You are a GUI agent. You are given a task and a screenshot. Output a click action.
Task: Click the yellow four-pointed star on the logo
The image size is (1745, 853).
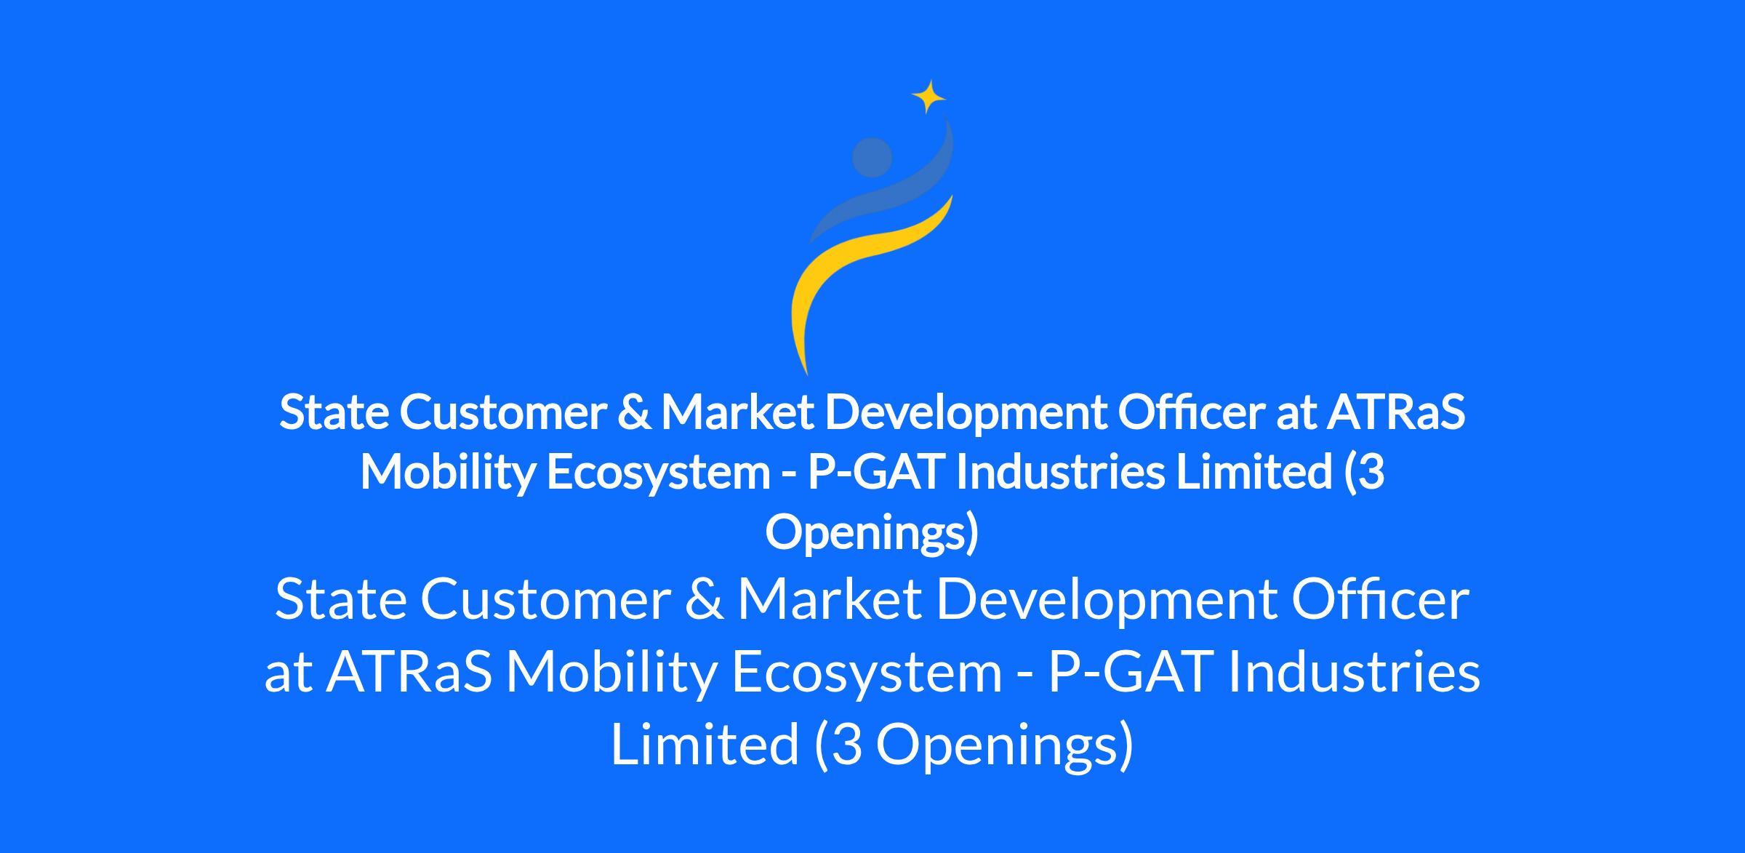pyautogui.click(x=928, y=97)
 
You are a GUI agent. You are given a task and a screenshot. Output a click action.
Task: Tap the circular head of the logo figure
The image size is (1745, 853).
pyautogui.click(x=872, y=157)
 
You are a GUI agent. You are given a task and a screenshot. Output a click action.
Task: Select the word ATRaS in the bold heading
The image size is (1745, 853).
pyautogui.click(x=1395, y=412)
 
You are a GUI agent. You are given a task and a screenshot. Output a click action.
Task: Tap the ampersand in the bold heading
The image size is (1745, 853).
pyautogui.click(x=633, y=412)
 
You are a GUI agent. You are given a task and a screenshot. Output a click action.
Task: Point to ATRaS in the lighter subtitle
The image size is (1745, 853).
pyautogui.click(x=409, y=673)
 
